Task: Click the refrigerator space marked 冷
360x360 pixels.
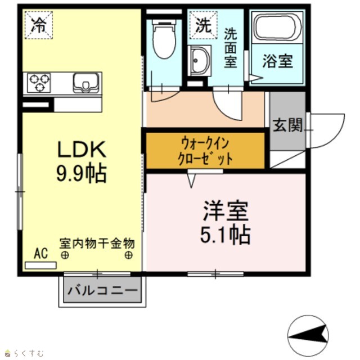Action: pos(39,25)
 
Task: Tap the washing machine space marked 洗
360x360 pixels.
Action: pos(204,25)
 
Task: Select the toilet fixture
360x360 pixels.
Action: pos(164,39)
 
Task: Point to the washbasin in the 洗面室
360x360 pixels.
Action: pos(199,61)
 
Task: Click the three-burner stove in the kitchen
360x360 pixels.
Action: pos(39,83)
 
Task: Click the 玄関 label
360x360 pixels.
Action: pos(287,125)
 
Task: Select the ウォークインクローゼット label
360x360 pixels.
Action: pos(205,150)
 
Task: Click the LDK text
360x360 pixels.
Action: pos(82,149)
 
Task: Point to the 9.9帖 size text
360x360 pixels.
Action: pos(82,173)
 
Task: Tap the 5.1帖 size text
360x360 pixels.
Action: pos(225,235)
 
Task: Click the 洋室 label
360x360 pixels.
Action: pos(225,210)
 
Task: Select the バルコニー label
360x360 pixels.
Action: pos(102,290)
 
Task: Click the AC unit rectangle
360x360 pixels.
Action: pos(40,265)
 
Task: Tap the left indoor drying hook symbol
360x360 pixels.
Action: pos(65,255)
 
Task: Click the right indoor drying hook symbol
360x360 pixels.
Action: pos(129,255)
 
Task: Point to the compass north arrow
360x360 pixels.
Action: pos(308,336)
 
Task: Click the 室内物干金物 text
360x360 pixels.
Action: pos(97,244)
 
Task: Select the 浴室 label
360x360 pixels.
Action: pos(277,61)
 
